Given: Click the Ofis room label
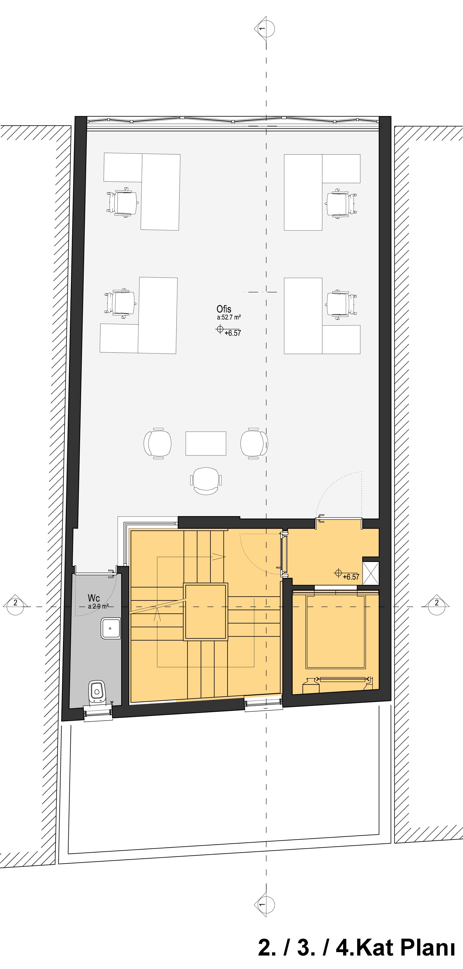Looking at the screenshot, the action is tap(224, 309).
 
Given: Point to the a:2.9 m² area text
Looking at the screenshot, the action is tap(98, 606).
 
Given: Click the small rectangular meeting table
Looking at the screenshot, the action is tap(206, 443).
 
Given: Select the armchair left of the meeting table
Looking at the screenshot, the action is tap(158, 443).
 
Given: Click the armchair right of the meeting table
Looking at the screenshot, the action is tap(254, 443).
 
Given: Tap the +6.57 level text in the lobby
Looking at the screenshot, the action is tap(351, 577).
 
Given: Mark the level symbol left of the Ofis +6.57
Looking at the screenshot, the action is tap(220, 330).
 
